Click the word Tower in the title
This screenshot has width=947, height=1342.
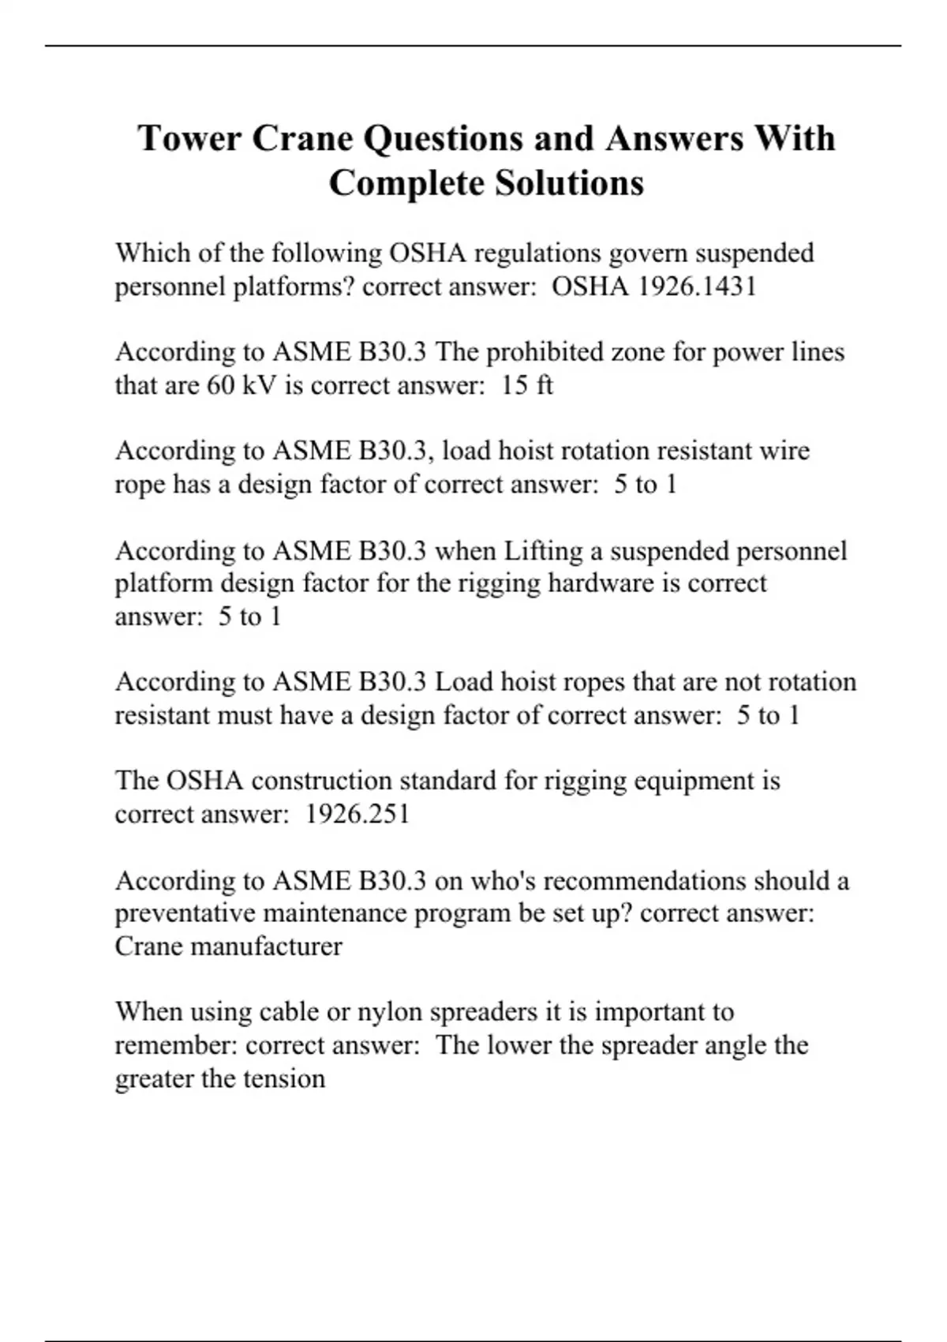tap(189, 138)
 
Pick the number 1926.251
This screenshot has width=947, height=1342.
tap(357, 813)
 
